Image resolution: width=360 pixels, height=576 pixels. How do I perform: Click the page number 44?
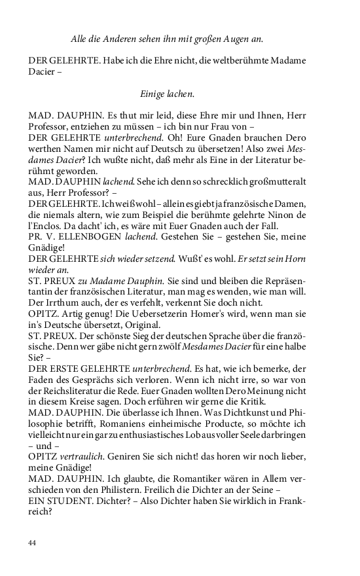pos(33,543)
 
